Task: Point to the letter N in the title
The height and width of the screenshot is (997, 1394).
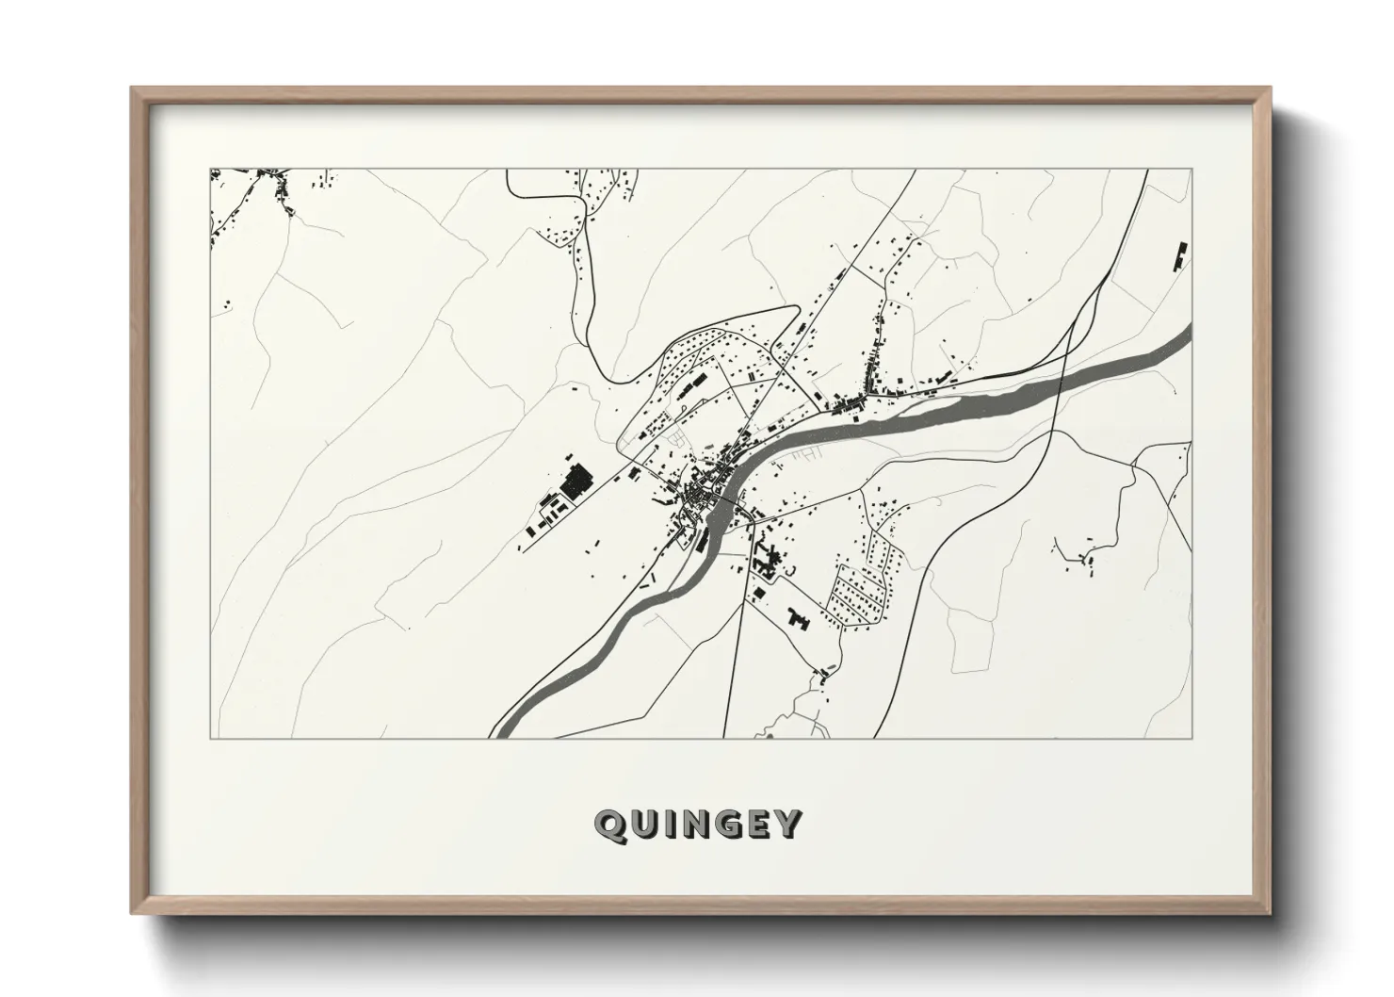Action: (693, 825)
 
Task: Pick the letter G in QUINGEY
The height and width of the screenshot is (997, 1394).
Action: (726, 825)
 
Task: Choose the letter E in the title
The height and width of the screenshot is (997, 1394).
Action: (757, 825)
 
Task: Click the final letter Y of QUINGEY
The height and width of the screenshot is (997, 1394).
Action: (787, 825)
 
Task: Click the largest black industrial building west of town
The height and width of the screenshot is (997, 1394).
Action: (574, 482)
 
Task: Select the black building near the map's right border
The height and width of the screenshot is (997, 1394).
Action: (1178, 256)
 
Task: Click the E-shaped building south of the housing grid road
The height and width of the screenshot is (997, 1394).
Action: (799, 618)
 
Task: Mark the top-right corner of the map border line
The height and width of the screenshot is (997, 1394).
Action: (1191, 170)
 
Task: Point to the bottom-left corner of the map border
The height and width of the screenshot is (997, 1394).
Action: (210, 738)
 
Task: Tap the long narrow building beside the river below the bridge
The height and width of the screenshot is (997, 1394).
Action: (704, 539)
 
